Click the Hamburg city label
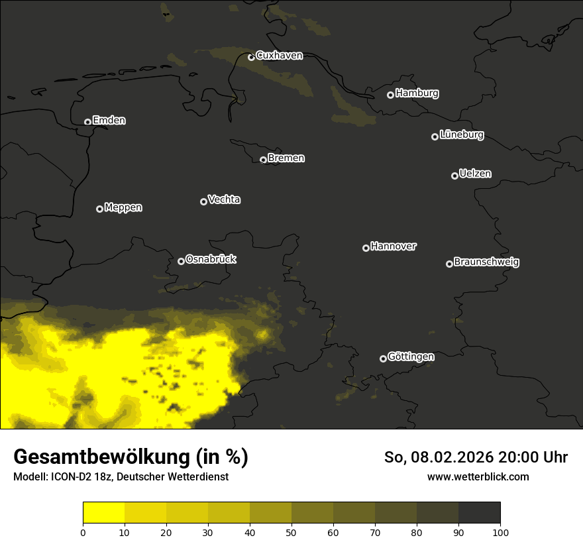click(417, 93)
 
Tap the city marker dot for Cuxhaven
click(251, 57)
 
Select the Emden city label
click(109, 121)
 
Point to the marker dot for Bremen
click(263, 160)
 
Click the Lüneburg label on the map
click(461, 135)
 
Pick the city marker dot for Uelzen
click(454, 176)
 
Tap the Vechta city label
click(224, 199)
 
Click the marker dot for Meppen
click(99, 209)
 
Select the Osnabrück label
click(211, 259)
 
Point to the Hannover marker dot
click(366, 248)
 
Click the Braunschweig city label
click(486, 262)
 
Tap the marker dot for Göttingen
click(383, 358)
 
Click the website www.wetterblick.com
click(478, 476)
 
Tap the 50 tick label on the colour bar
click(291, 531)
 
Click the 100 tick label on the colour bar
click(500, 531)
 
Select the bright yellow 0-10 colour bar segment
click(104, 513)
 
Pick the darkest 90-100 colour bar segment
click(479, 513)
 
